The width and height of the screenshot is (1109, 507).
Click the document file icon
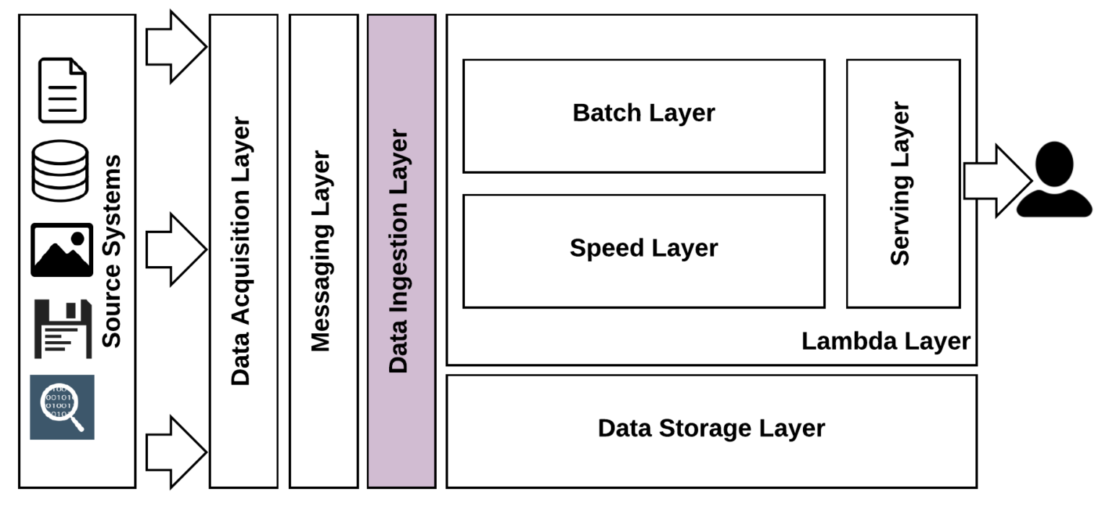coord(62,90)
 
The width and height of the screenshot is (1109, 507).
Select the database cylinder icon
coord(61,171)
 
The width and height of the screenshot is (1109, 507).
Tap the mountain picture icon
coord(61,250)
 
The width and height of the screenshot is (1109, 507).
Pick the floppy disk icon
coord(63,328)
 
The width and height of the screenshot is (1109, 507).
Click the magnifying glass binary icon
coord(62,407)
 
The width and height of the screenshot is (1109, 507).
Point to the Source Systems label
coord(111,251)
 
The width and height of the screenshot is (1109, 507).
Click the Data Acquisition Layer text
coord(242,251)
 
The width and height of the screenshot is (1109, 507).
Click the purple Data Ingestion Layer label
coord(399,251)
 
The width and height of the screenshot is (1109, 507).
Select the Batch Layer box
coord(643,115)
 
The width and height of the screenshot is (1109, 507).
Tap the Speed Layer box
coord(643,250)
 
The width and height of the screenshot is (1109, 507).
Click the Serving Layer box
coord(903,183)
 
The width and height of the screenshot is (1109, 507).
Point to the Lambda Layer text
coord(886,341)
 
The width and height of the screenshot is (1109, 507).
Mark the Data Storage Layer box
coord(711,430)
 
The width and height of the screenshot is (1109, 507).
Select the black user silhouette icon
coord(1053,180)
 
